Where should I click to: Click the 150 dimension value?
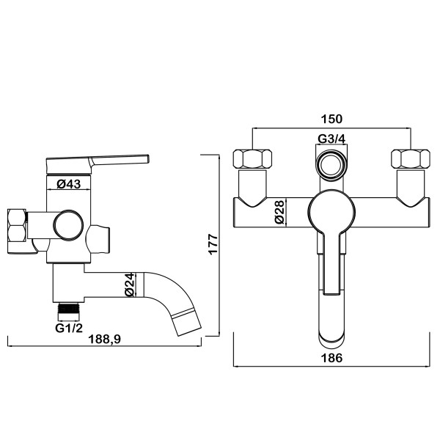331,119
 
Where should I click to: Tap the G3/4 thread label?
331,139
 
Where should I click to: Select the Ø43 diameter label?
69,184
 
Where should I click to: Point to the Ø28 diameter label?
280,212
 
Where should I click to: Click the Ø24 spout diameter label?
130,285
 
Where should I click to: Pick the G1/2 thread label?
69,328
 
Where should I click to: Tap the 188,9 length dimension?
104,339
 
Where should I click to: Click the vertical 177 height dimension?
213,244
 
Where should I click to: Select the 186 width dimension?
331,358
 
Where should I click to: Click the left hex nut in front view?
252,159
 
